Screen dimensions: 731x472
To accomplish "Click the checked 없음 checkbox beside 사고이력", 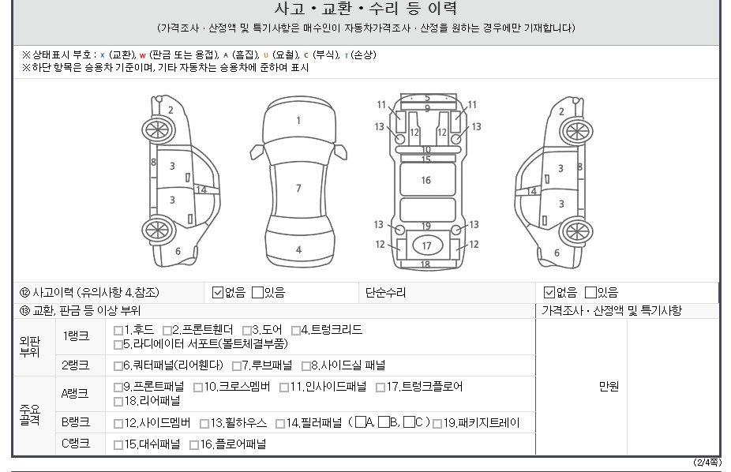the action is pyautogui.click(x=218, y=292).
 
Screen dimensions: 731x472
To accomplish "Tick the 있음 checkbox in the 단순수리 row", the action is pyautogui.click(x=590, y=292).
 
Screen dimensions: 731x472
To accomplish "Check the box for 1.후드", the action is pyautogui.click(x=118, y=331).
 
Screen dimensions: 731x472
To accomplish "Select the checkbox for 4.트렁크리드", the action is pyautogui.click(x=295, y=331).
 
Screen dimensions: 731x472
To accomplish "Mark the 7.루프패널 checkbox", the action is pyautogui.click(x=237, y=365).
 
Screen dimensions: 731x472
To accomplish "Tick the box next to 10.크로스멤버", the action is pyautogui.click(x=198, y=388).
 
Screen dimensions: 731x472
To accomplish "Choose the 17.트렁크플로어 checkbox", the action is pyautogui.click(x=380, y=388).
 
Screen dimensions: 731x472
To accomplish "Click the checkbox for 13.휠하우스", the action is pyautogui.click(x=204, y=424).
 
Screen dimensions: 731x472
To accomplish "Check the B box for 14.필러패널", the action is pyautogui.click(x=384, y=422).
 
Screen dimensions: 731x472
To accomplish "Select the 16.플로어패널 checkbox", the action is pyautogui.click(x=194, y=445).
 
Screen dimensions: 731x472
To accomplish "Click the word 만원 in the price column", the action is pyautogui.click(x=609, y=386).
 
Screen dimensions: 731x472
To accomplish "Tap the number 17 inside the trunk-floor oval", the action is pyautogui.click(x=426, y=245).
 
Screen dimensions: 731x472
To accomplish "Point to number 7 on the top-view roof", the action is pyautogui.click(x=298, y=188).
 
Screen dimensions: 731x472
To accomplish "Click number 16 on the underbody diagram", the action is pyautogui.click(x=426, y=180).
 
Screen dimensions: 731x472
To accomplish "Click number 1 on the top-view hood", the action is pyautogui.click(x=298, y=121).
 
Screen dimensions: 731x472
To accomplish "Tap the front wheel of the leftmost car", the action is pyautogui.click(x=159, y=129).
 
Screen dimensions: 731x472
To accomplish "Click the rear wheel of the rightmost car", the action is pyautogui.click(x=576, y=231).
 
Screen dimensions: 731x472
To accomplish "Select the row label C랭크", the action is pyautogui.click(x=76, y=443).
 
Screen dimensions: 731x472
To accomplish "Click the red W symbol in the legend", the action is pyautogui.click(x=143, y=55).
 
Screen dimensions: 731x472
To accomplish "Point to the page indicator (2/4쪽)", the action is pyautogui.click(x=707, y=463).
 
